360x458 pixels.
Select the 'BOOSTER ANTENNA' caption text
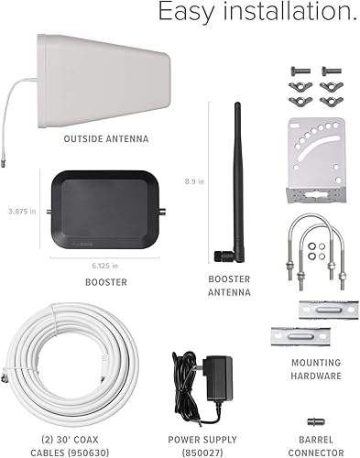pos(229,285)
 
